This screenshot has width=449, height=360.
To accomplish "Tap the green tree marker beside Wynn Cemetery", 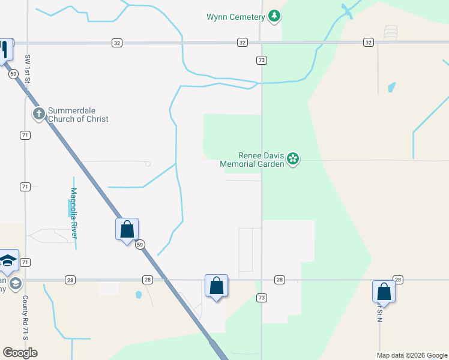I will tap(274, 16).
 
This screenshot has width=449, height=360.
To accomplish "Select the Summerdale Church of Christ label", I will tap(78, 115).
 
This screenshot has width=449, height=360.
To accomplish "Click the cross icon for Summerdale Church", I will tap(39, 113).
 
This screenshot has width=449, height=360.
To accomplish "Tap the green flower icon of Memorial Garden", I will tap(293, 159).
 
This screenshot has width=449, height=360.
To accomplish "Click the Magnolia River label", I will tap(74, 213).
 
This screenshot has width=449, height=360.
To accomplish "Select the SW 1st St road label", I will tap(28, 68).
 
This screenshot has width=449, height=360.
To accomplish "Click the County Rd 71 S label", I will tap(25, 318).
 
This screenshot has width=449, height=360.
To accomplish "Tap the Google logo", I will tap(20, 353).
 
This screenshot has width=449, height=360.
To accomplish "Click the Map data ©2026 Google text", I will tap(412, 355).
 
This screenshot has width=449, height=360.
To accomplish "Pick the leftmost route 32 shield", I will tap(116, 43).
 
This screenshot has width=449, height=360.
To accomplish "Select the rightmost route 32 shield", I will tap(368, 43).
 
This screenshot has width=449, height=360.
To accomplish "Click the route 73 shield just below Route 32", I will tap(261, 60).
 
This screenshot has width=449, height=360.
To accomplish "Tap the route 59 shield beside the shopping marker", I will tap(140, 244).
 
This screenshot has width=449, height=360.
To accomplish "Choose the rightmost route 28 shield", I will tap(397, 280).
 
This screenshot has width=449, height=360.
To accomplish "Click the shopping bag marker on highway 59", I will tap(127, 229).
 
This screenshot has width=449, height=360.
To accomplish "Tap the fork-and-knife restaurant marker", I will tap(5, 49).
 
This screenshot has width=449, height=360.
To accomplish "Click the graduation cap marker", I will tap(8, 260).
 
